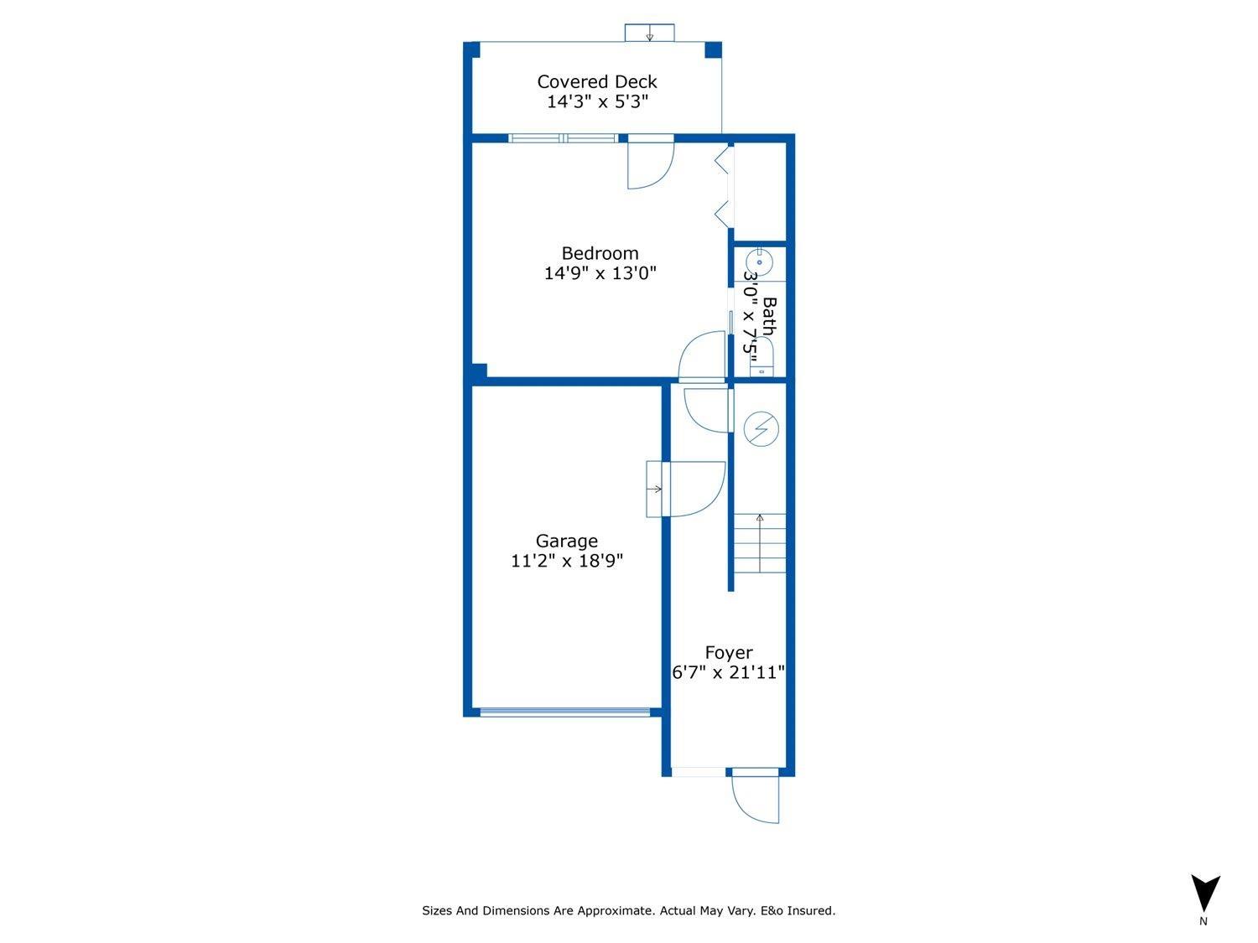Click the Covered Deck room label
596,81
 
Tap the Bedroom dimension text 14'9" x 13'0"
600,273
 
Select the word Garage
567,541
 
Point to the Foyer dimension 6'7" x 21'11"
728,672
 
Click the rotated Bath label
768,316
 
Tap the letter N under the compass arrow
1203,921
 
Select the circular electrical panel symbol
761,429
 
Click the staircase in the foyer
760,543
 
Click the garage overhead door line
564,712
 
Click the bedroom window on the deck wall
564,138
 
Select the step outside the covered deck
649,33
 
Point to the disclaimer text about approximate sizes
628,910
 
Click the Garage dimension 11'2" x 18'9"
567,562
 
